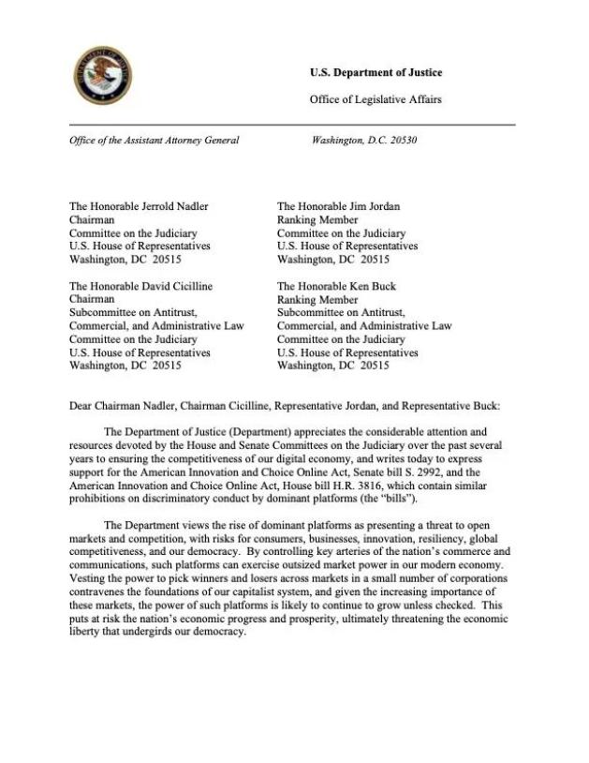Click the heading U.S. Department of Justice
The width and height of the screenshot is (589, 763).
tap(375, 73)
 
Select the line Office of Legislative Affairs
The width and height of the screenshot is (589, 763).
tap(375, 99)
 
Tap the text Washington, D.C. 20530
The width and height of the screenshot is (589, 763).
tap(364, 141)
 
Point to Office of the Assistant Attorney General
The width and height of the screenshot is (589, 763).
tap(155, 141)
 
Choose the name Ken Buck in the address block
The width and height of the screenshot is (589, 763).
tap(376, 286)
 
